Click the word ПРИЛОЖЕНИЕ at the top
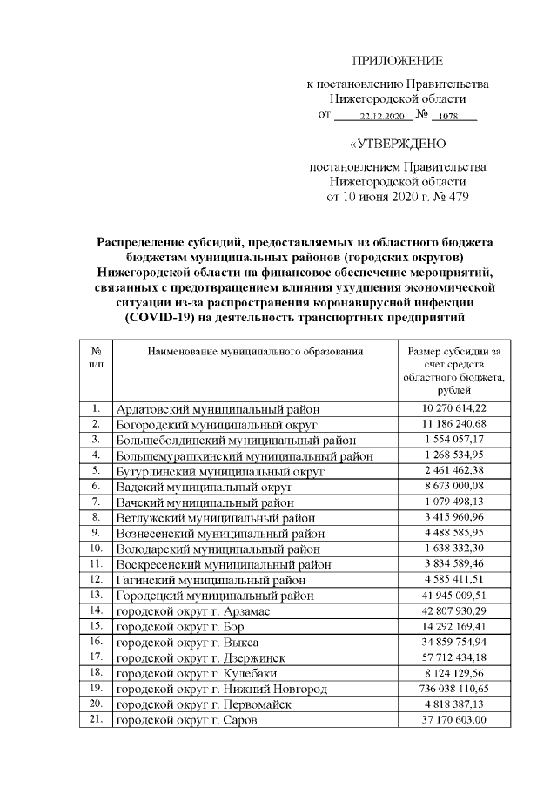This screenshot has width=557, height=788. (x=398, y=61)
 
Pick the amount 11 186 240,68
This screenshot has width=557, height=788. (x=454, y=424)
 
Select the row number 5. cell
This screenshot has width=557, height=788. (x=96, y=470)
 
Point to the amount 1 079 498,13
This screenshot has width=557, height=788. (x=454, y=502)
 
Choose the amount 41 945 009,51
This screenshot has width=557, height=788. (x=454, y=596)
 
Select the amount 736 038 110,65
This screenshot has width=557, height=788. (x=454, y=689)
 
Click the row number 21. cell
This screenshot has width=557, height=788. (x=96, y=719)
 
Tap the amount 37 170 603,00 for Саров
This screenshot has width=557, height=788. (x=454, y=719)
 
